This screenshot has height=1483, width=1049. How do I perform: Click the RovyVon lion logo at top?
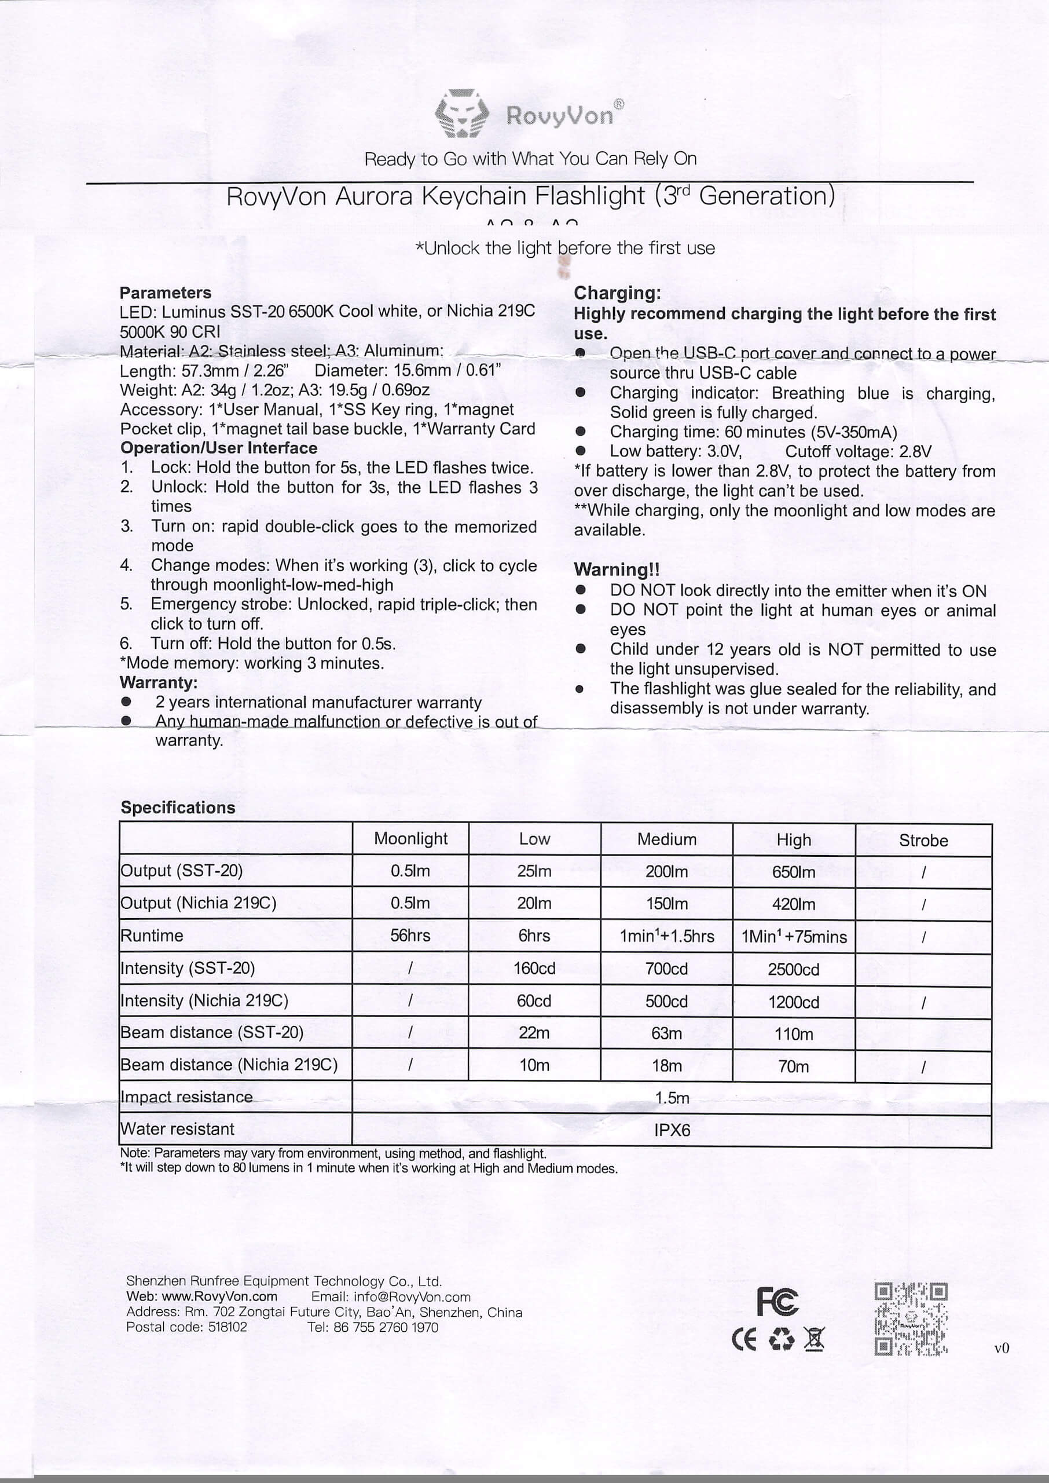(461, 114)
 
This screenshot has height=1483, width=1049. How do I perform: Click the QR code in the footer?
(910, 1319)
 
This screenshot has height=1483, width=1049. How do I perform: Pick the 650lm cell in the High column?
(793, 872)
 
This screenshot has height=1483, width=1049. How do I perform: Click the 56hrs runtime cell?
(410, 936)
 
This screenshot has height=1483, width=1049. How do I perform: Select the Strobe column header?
(923, 841)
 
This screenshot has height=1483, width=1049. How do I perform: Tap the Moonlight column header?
(410, 839)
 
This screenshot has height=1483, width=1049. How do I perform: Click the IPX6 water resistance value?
(672, 1130)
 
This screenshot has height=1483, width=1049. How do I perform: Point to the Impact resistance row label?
(186, 1097)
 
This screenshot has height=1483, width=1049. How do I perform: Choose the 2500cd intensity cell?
(793, 969)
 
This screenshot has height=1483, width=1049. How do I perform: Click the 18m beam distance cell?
(666, 1065)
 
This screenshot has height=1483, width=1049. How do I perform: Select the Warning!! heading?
(616, 569)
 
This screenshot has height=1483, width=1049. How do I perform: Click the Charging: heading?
(617, 293)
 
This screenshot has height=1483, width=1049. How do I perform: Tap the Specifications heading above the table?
(178, 808)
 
